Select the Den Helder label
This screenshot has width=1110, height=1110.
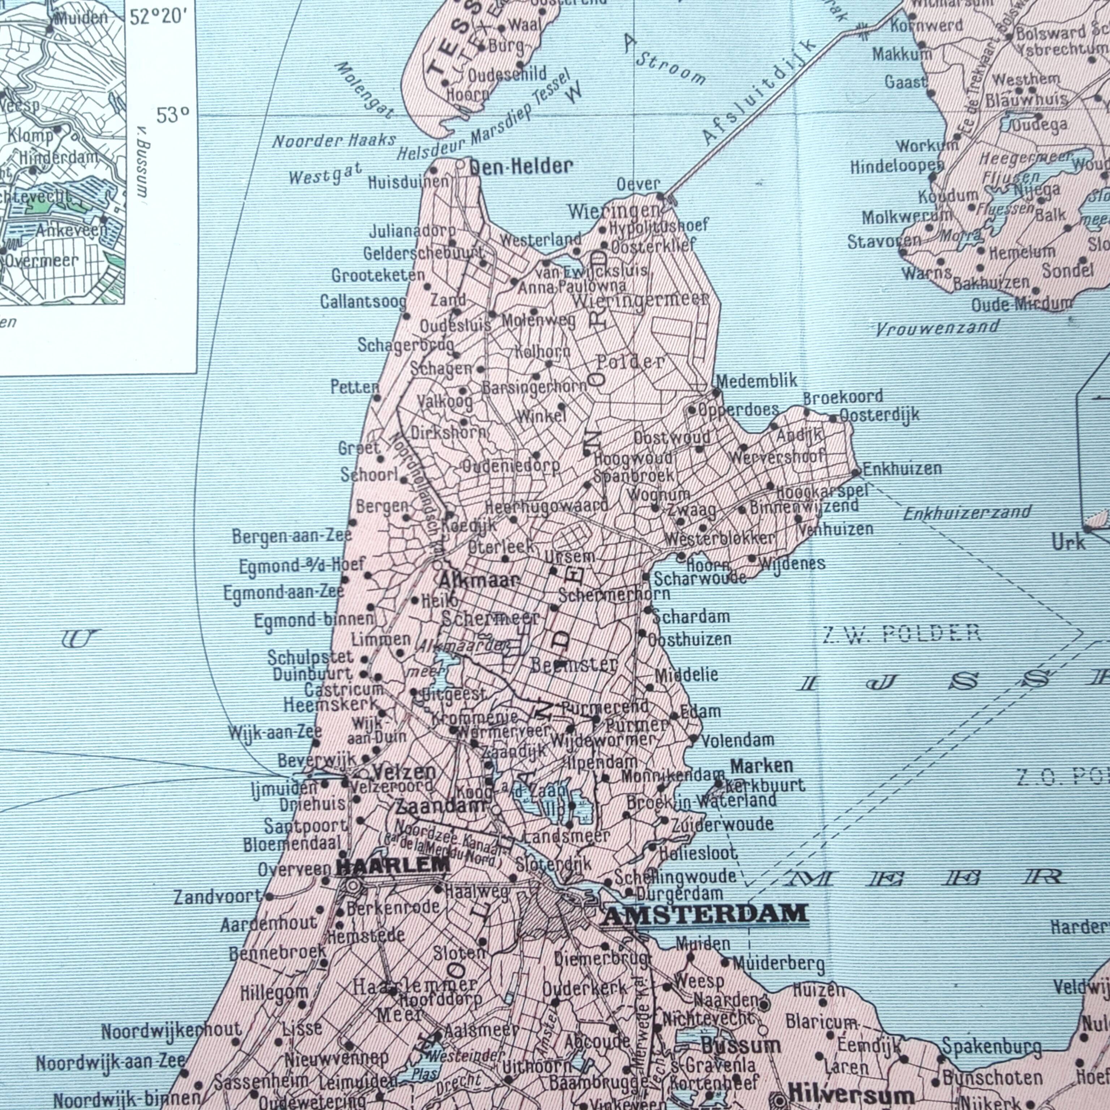point(521,167)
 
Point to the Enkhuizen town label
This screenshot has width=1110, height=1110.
point(902,469)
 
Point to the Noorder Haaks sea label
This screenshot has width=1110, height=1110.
point(334,140)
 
